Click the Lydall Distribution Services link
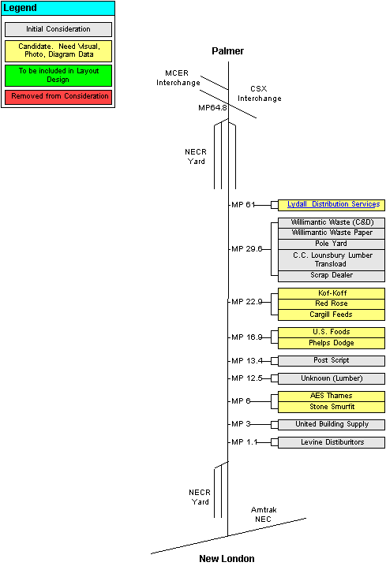(333, 204)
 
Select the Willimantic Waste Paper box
(332, 233)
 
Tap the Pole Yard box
(332, 244)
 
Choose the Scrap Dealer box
(332, 276)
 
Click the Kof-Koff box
(332, 293)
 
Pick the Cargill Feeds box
(332, 315)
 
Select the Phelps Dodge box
(332, 343)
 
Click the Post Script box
(332, 360)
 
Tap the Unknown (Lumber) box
(332, 378)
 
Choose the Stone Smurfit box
(332, 408)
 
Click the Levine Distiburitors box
(332, 442)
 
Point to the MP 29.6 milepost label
(246, 249)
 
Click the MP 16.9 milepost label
(246, 337)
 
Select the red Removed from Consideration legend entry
(58, 97)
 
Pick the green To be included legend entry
(58, 76)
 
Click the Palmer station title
(227, 51)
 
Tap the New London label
(227, 559)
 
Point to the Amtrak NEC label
(264, 515)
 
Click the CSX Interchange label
(259, 94)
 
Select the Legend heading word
(20, 8)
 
